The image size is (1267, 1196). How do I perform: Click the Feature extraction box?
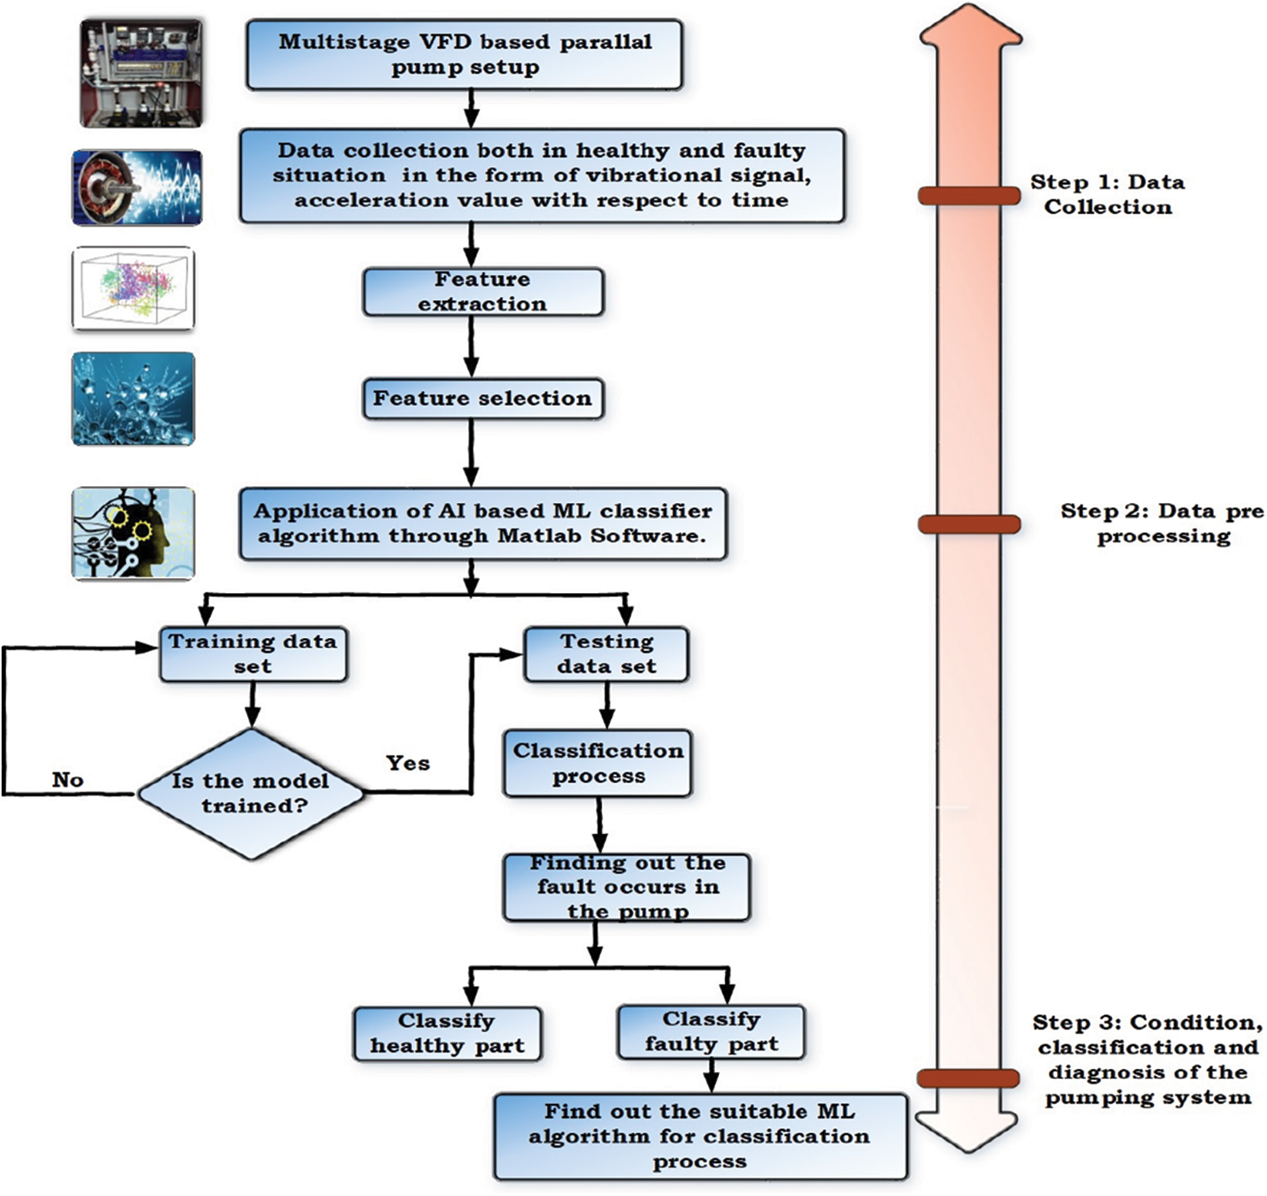[482, 292]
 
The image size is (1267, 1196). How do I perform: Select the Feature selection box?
[482, 399]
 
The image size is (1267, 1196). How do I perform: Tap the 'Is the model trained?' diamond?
[251, 793]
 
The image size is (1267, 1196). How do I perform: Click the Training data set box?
[253, 654]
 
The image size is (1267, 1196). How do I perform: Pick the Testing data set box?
[606, 654]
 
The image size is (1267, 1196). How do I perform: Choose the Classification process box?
[598, 763]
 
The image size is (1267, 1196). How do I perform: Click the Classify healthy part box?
[447, 1033]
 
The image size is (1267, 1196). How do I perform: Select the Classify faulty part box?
[710, 1032]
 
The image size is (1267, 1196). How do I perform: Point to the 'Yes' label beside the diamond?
[407, 763]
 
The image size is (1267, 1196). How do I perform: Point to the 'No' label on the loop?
[68, 780]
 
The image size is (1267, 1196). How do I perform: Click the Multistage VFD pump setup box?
[464, 54]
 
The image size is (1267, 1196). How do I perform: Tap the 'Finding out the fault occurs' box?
[627, 887]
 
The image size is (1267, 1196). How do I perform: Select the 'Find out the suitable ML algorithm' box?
[699, 1136]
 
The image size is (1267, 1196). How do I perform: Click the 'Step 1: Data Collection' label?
[1107, 194]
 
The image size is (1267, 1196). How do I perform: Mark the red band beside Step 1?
[969, 196]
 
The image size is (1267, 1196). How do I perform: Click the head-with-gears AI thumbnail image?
[133, 534]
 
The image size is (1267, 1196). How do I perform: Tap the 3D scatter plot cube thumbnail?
[133, 288]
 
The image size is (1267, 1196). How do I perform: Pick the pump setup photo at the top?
[141, 73]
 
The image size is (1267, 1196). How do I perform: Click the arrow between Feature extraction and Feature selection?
[471, 347]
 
